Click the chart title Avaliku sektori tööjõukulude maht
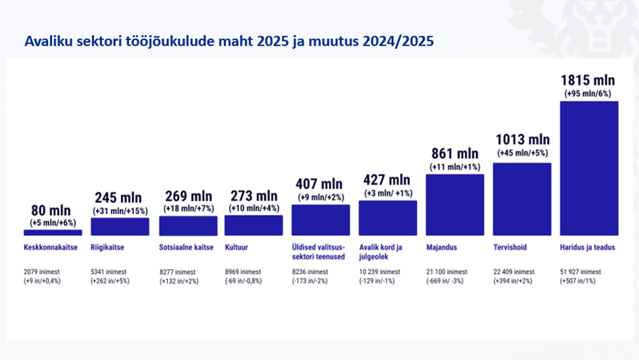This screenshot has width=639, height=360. (x=229, y=41)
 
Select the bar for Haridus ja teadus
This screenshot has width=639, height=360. (x=589, y=168)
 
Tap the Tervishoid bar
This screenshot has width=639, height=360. (x=522, y=199)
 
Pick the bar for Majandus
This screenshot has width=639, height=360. (x=455, y=205)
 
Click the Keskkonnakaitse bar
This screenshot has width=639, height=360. (x=53, y=232)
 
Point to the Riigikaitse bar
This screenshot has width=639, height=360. (x=120, y=226)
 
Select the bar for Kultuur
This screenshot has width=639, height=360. (x=254, y=225)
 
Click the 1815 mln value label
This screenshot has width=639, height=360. (x=588, y=80)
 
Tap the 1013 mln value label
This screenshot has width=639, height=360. (x=523, y=139)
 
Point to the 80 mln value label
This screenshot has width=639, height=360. (x=51, y=211)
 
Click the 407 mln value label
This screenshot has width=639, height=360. (x=319, y=184)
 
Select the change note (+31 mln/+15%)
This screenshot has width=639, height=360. (x=120, y=211)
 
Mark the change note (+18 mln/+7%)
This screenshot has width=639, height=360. (x=189, y=209)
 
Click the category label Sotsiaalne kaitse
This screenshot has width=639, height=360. (x=186, y=247)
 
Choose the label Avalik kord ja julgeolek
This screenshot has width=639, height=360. (x=380, y=252)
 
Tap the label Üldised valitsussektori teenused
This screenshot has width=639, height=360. (x=318, y=252)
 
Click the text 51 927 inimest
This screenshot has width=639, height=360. (x=581, y=271)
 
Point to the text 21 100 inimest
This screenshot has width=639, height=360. (x=447, y=271)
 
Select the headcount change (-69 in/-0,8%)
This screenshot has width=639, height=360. (x=243, y=281)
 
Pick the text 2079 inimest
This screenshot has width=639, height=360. (x=42, y=271)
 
